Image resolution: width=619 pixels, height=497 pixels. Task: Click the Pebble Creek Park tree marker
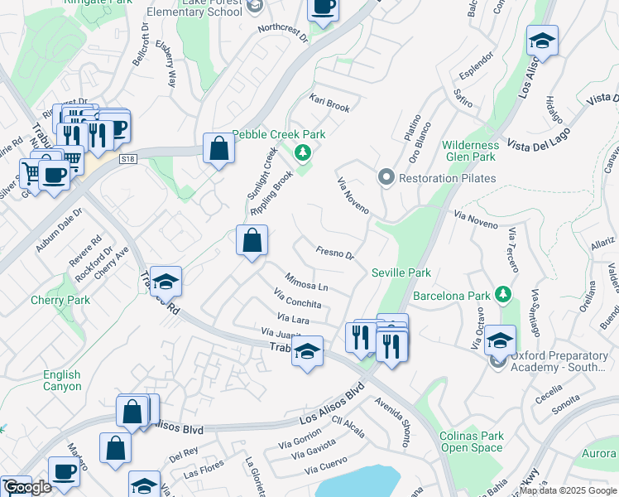[x=303, y=152]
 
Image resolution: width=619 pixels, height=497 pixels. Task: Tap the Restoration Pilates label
[x=448, y=178]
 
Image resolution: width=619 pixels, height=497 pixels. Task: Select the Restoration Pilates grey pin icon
[x=386, y=177]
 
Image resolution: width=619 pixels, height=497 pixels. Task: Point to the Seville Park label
[x=401, y=273]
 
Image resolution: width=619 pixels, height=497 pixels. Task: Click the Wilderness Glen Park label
[x=469, y=151]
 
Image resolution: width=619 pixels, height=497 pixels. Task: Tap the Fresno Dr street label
[x=335, y=252]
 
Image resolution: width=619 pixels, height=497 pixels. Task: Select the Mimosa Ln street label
[x=306, y=282]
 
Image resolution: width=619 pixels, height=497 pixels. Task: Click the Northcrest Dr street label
[x=282, y=32]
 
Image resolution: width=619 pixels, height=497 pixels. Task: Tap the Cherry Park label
[x=60, y=300]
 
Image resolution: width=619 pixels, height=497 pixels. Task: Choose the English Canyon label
[x=63, y=380]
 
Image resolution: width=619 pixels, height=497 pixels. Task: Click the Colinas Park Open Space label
[x=472, y=442]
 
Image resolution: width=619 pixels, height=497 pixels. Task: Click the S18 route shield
[x=127, y=157]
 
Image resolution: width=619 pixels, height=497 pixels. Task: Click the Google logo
[x=26, y=487]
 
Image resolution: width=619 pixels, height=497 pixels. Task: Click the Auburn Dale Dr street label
[x=59, y=231]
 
